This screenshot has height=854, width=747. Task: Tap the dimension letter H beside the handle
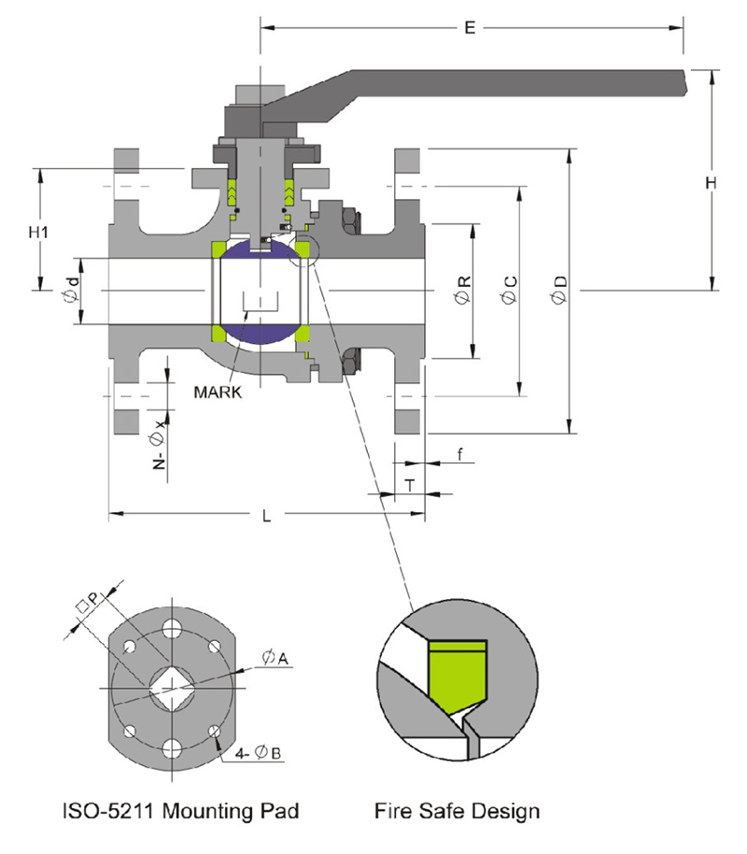click(712, 184)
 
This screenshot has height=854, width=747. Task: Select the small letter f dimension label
click(458, 455)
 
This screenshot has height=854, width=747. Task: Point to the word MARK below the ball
click(218, 391)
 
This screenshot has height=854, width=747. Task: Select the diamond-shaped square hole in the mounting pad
click(171, 687)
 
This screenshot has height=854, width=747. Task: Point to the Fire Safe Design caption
click(457, 810)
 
